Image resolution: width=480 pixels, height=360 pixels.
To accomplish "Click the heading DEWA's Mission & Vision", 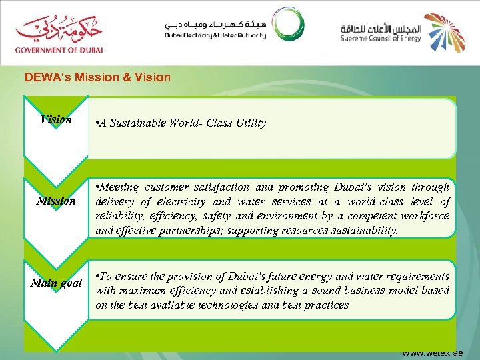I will [x=97, y=77].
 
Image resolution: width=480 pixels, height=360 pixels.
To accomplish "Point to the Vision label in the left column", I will [x=56, y=120].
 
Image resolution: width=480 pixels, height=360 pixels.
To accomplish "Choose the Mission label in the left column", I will [x=56, y=201].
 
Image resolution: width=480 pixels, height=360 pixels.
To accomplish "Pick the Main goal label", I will [x=56, y=283].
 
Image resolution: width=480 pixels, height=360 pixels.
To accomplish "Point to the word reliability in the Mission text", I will [x=118, y=216].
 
